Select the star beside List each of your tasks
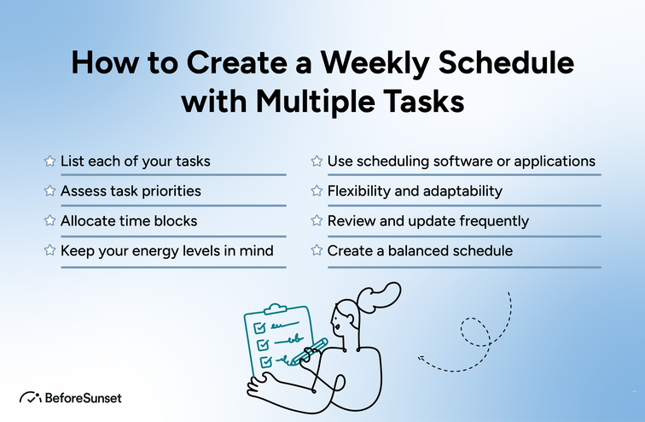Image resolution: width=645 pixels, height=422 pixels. click(x=49, y=161)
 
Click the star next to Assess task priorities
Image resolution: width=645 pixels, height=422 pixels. click(x=49, y=191)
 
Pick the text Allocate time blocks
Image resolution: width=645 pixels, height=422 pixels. click(x=129, y=221)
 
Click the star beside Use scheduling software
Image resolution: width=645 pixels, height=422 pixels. click(x=317, y=161)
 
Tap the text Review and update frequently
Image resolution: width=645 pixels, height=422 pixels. click(x=428, y=221)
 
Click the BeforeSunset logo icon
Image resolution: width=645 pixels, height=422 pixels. click(x=31, y=398)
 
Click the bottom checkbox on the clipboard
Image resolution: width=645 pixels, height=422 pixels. click(x=265, y=361)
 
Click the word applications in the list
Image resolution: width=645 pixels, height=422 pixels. click(x=556, y=161)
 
